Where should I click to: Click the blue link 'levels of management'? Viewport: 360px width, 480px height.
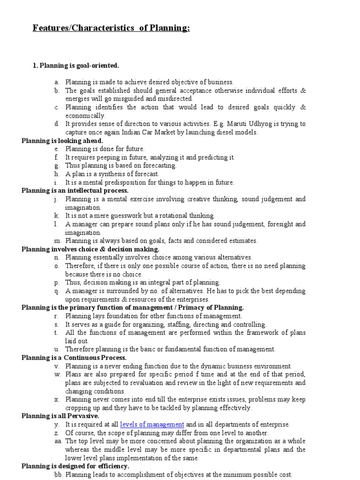click(152, 424)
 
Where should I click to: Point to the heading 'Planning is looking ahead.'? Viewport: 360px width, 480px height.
click(62, 141)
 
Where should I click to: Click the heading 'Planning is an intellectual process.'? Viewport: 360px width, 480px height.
click(75, 191)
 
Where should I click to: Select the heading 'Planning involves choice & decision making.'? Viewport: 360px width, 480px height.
click(90, 249)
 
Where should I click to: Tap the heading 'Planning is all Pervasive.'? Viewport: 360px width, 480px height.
click(60, 416)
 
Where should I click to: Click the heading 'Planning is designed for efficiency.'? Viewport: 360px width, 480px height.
click(75, 466)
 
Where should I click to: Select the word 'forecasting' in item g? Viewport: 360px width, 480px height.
click(160, 165)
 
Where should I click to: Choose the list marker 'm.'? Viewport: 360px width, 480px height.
click(58, 240)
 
